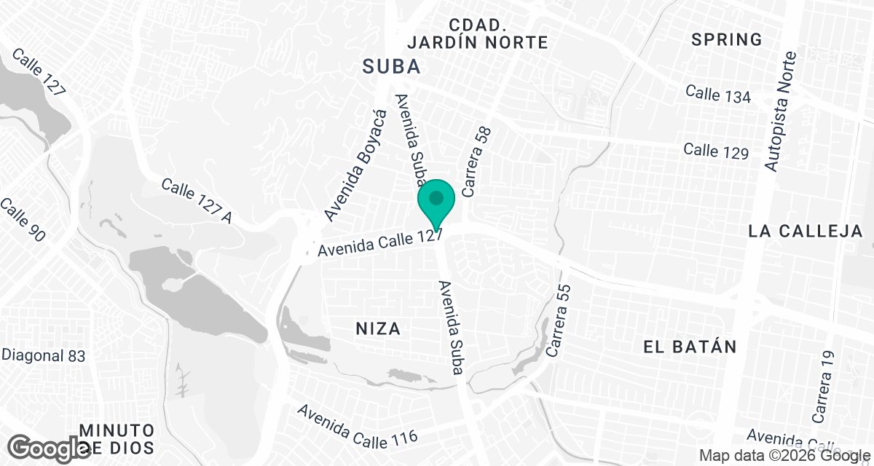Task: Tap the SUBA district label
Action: (x=392, y=67)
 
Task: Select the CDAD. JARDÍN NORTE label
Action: (x=477, y=33)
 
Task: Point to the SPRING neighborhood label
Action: (x=726, y=39)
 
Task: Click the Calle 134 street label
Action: (x=718, y=94)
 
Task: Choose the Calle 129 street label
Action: (x=716, y=151)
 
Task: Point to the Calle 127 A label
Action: (x=196, y=201)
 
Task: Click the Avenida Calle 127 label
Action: (x=381, y=242)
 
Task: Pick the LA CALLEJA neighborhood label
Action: (x=806, y=232)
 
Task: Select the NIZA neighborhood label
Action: (x=378, y=328)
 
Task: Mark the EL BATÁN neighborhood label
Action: (x=690, y=347)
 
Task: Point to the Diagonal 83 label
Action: (x=44, y=356)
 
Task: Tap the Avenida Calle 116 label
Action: (x=358, y=424)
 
